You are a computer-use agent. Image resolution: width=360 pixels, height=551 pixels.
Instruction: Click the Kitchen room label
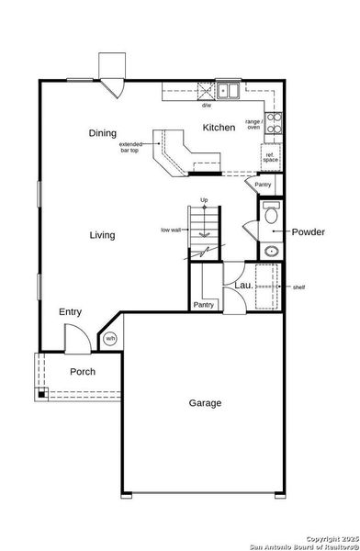[219, 128]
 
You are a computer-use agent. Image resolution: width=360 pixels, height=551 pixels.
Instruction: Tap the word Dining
[103, 133]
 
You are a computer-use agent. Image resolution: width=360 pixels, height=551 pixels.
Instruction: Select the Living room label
[102, 235]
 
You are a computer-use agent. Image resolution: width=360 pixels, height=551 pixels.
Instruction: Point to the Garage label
[205, 402]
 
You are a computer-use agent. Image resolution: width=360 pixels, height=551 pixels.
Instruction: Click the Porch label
[84, 372]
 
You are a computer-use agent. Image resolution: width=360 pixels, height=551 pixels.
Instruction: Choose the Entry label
[71, 312]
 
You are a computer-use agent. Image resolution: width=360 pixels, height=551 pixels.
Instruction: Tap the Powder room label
[308, 232]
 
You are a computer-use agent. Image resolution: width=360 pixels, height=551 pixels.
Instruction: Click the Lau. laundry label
[242, 286]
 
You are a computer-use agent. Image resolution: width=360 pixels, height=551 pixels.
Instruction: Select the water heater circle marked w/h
[110, 338]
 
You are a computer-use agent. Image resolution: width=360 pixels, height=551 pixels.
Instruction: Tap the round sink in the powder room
[271, 251]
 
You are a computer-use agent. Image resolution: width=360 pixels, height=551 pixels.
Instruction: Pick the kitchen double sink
[228, 91]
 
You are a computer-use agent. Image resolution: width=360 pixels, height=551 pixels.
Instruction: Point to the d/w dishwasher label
[207, 105]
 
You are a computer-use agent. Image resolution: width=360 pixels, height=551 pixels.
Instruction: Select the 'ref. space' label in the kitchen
[270, 156]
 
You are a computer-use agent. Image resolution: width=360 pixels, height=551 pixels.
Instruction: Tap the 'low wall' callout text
[171, 230]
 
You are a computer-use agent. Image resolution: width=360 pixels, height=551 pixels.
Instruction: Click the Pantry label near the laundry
[204, 304]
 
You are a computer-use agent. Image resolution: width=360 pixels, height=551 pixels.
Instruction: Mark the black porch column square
[41, 394]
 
